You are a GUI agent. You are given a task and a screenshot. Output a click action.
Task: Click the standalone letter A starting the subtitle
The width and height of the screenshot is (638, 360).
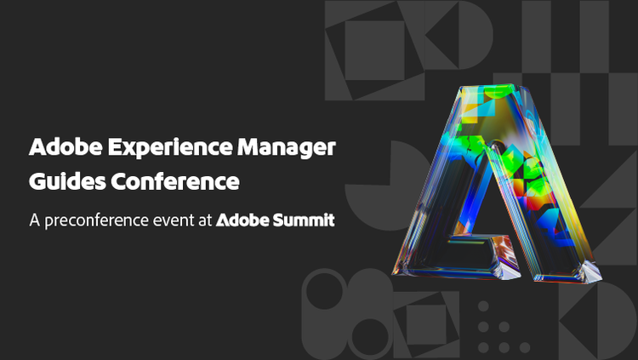[35, 220]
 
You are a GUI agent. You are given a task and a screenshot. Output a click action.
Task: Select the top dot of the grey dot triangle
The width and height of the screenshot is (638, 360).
[483, 307]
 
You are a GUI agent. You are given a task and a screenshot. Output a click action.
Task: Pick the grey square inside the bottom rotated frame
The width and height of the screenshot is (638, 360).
[422, 321]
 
